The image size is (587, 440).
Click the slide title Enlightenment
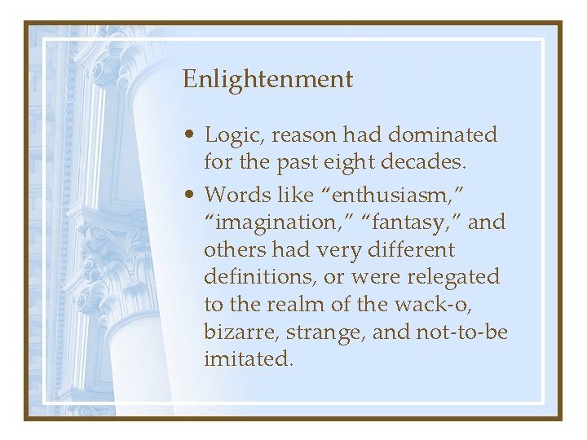click(x=267, y=80)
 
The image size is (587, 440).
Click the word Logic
click(x=232, y=135)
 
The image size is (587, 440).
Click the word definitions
click(x=261, y=276)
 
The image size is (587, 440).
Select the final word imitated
click(x=247, y=359)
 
